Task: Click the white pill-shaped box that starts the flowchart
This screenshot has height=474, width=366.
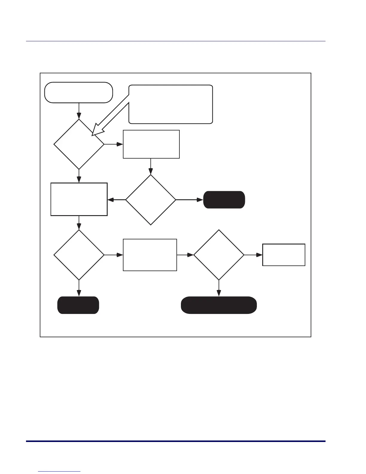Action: coord(79,93)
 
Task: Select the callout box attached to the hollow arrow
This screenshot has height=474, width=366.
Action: coord(171,104)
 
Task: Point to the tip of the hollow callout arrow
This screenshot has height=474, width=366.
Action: coord(93,135)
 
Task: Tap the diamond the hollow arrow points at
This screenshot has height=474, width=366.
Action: coord(79,145)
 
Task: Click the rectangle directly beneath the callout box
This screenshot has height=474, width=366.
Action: coord(151,144)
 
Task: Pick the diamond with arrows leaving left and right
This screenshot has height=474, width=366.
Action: coord(151,200)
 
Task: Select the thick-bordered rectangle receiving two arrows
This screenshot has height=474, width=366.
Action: coord(79,199)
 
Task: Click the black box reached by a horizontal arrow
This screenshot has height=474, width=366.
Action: coord(224,200)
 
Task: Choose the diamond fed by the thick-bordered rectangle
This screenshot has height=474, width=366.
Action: coord(79,255)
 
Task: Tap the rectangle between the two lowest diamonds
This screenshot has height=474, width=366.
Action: coord(150,255)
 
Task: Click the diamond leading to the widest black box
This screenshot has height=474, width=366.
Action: coord(219,255)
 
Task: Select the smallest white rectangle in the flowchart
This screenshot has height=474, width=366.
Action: coord(284,255)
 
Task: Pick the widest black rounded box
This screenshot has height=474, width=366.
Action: coord(219,305)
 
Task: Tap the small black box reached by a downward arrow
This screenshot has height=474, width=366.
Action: coord(78,305)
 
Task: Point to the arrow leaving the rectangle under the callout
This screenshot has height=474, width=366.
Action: coord(151,166)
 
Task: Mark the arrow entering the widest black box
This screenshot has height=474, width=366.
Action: coord(219,288)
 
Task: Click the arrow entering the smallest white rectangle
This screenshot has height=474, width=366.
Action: coord(253,255)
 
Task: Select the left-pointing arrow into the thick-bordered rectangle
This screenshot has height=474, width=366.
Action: coord(116,200)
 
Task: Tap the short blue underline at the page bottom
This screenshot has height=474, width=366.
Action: coord(60,472)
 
